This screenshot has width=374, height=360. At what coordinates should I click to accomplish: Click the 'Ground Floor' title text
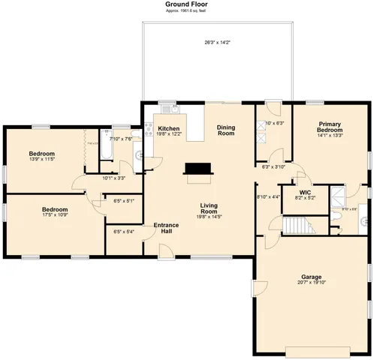point(186,4)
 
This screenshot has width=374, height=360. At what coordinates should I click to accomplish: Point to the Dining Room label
point(226,130)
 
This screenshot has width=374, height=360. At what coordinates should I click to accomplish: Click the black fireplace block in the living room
point(198,169)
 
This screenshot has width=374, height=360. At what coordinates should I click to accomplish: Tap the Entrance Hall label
point(166,228)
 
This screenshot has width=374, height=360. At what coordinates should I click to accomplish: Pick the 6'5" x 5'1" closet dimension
point(123,200)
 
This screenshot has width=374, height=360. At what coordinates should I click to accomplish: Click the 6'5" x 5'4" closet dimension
point(123,231)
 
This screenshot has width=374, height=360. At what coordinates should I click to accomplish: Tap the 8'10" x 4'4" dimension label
point(268,196)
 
